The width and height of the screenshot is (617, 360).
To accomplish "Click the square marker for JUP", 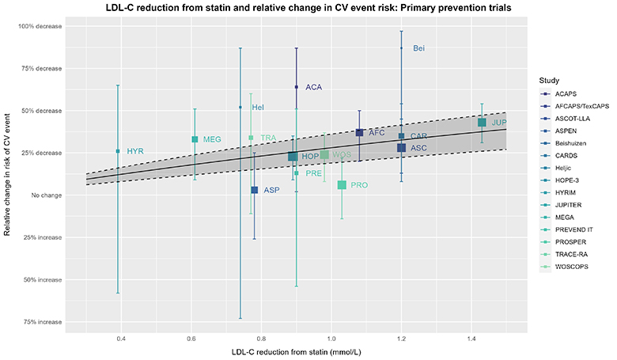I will point(482,123).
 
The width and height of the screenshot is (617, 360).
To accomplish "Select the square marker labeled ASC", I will point(402,148).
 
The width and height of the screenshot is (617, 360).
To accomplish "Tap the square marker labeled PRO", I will point(342,184).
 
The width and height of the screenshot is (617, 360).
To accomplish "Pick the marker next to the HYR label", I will point(118,151).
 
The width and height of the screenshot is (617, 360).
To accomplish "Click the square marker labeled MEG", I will point(195,139).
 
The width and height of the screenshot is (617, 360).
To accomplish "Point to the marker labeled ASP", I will point(255,190).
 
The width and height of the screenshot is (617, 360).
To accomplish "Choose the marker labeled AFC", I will point(360,133).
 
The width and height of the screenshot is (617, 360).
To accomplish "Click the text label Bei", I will point(419,49).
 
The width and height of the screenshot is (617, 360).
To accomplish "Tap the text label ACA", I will point(314,87).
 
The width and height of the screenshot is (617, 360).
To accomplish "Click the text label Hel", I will point(258,107).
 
